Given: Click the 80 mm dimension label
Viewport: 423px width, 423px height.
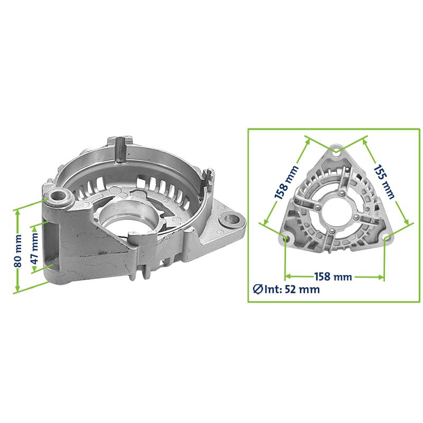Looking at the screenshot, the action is click(x=18, y=251).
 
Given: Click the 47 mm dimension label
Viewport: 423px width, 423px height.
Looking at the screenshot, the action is click(x=34, y=249).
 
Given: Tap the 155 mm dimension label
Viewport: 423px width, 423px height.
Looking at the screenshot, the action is click(x=384, y=181).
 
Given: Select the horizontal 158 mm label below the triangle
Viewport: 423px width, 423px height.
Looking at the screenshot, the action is click(x=333, y=277).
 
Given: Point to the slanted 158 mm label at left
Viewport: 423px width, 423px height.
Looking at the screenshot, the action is click(x=287, y=182).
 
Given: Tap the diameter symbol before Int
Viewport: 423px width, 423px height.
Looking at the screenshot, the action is click(x=258, y=289).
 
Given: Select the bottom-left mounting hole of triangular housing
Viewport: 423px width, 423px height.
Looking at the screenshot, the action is click(x=287, y=238).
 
